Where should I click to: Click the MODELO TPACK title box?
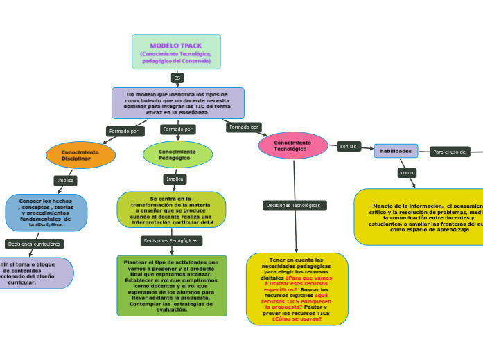point(176,52)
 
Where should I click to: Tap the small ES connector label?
point(177,78)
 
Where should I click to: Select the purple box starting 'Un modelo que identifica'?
point(177,103)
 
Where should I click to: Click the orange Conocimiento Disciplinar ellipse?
point(80,155)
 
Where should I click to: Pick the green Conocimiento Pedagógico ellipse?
point(177,154)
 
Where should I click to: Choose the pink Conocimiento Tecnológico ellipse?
point(292,145)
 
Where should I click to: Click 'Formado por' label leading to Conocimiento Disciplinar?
point(124,131)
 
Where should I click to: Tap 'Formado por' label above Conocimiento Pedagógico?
point(178,129)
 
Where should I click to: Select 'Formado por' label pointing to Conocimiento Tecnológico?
point(244,127)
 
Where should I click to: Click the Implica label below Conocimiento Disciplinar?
point(65,181)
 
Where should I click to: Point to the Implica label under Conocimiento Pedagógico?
point(175,179)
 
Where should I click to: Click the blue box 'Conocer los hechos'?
point(46,213)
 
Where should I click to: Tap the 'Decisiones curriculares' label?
point(34,244)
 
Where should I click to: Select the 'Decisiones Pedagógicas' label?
point(171,241)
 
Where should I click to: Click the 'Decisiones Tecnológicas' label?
point(294,206)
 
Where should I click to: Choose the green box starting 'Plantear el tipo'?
point(172,285)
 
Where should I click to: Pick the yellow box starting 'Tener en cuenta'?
point(297,289)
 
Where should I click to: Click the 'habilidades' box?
point(396,151)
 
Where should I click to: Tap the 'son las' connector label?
point(349,147)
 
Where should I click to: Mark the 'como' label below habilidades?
point(407,173)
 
